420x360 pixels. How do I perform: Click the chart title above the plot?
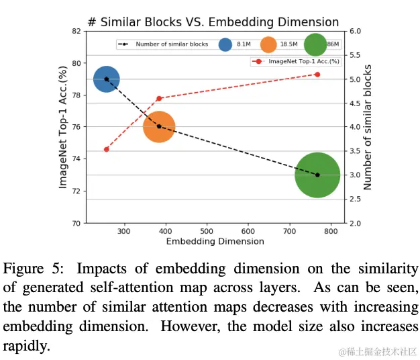(x=213, y=22)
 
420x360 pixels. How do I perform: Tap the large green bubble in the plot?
(x=317, y=175)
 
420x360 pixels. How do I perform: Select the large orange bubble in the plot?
(x=159, y=126)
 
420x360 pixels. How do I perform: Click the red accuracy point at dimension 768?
(x=317, y=75)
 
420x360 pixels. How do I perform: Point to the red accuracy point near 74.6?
(x=106, y=149)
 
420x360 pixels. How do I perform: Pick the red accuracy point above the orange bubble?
(x=159, y=99)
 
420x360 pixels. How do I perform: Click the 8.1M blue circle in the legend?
(x=225, y=44)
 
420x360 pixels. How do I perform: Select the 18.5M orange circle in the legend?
(x=268, y=44)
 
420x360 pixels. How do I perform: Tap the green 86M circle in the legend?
(x=315, y=44)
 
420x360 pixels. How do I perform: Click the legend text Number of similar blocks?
(x=172, y=44)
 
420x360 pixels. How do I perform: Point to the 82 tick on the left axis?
(x=76, y=31)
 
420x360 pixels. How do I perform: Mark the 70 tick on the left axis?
(x=76, y=223)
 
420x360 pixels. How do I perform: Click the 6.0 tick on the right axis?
(x=355, y=31)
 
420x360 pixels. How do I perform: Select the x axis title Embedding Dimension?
(x=215, y=242)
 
